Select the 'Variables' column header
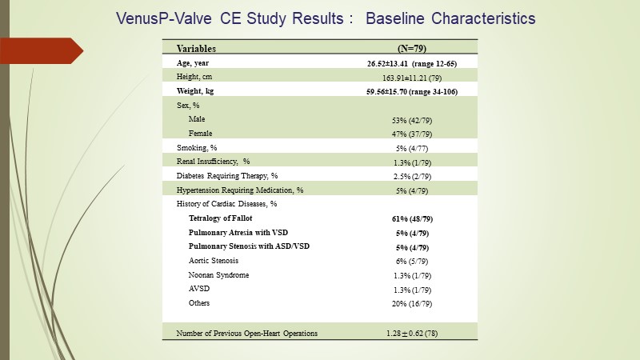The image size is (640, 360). coord(196,48)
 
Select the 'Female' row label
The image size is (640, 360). coord(201,134)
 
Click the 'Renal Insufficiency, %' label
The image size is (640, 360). coord(214,162)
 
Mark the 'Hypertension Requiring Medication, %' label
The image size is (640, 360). coord(240,190)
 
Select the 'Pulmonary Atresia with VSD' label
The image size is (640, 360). coord(238,232)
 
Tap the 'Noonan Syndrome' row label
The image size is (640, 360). coord(218,275)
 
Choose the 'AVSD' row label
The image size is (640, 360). coord(199,289)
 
